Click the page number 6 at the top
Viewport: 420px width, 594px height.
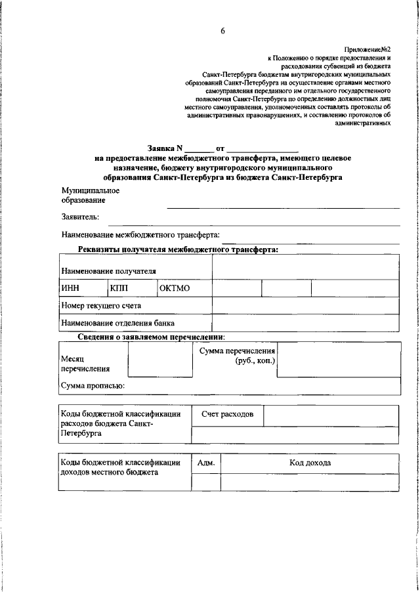point(222,32)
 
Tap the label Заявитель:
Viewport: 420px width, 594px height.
point(80,216)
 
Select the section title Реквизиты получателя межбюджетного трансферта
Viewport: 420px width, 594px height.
point(178,249)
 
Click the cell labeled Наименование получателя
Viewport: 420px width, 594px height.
point(108,270)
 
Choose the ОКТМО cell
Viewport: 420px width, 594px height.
point(175,288)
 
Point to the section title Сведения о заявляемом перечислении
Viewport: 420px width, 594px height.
point(151,337)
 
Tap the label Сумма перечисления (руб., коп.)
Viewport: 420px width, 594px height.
point(237,356)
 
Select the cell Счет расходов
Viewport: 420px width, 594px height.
point(227,415)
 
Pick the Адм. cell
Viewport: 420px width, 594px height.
point(206,463)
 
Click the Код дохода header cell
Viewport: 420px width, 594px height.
point(310,463)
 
